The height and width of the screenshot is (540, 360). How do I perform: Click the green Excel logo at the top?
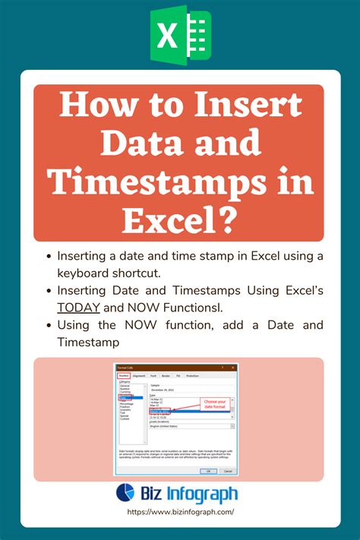(180, 35)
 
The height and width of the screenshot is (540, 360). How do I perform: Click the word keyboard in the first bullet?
(84, 272)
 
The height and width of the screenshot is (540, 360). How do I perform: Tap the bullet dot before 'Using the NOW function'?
(49, 326)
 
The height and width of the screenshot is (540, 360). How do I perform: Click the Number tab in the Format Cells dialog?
(124, 375)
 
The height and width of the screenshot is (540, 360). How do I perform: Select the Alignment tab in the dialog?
(139, 375)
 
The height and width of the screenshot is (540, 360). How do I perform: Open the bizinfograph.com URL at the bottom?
(179, 513)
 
